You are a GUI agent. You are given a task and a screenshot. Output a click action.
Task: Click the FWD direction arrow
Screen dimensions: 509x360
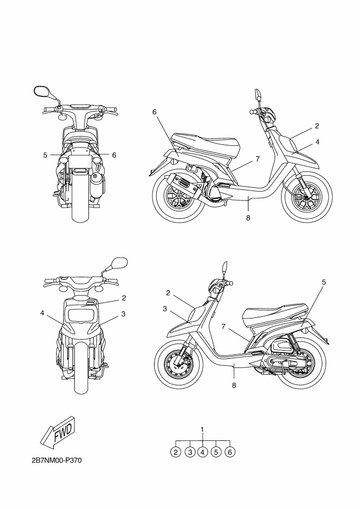pyautogui.click(x=57, y=433)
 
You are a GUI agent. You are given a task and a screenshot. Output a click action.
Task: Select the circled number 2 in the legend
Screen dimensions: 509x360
pyautogui.click(x=175, y=451)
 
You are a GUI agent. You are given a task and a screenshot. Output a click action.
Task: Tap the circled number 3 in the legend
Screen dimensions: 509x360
pyautogui.click(x=189, y=451)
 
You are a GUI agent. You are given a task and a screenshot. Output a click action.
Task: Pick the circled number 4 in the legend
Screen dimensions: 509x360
pyautogui.click(x=203, y=451)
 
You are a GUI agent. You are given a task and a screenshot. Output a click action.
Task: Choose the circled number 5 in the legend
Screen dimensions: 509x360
pyautogui.click(x=216, y=451)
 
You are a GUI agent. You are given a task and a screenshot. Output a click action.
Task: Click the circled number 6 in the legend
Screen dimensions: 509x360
pyautogui.click(x=230, y=451)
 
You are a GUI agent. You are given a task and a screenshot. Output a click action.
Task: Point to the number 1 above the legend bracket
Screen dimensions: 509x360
pyautogui.click(x=203, y=430)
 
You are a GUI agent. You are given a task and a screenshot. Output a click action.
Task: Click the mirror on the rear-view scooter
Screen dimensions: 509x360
pyautogui.click(x=40, y=91)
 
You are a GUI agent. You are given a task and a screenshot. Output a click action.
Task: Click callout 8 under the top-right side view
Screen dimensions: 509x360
pyautogui.click(x=248, y=218)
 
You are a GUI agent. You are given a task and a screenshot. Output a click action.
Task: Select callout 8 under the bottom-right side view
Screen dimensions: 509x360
pyautogui.click(x=234, y=385)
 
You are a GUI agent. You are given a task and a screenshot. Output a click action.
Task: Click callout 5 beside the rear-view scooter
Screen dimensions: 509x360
pyautogui.click(x=45, y=155)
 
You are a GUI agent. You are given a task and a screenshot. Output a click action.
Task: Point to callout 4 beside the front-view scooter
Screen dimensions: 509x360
pyautogui.click(x=41, y=313)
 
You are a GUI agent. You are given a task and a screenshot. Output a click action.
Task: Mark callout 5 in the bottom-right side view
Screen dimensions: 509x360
pyautogui.click(x=324, y=282)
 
